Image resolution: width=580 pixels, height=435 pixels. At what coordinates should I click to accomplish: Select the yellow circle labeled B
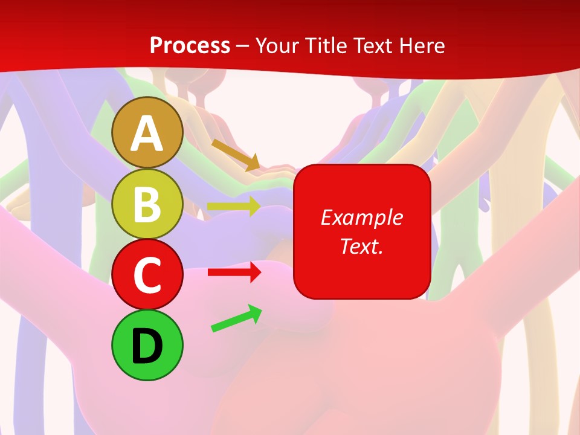147,204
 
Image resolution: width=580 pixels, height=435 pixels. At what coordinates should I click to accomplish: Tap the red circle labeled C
147,275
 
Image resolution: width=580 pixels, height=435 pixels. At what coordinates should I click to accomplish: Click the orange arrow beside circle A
236,155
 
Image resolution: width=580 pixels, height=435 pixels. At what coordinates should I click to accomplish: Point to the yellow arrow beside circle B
233,207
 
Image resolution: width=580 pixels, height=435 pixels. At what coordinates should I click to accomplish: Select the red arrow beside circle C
234,272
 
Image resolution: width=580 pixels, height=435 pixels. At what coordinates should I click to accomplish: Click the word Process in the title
190,45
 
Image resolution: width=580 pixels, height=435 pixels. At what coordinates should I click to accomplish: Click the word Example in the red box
361,217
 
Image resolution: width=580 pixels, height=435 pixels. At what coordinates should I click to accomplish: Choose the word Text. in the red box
361,246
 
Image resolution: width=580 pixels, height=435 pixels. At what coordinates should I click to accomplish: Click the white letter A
147,134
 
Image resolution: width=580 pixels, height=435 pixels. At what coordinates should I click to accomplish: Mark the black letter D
147,347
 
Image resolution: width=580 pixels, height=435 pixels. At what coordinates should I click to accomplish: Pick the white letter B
147,204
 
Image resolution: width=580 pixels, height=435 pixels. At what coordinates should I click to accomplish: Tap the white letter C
147,275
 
